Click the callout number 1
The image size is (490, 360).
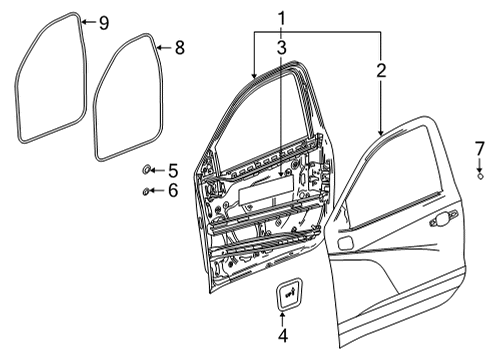[x=281, y=17]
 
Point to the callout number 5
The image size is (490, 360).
[x=173, y=170]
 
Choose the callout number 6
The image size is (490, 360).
[x=173, y=190]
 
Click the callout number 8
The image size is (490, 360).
[x=179, y=47]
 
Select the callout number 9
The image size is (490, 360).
[x=103, y=21]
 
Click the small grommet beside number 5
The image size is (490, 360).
[x=147, y=171]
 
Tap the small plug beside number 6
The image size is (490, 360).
[x=147, y=190]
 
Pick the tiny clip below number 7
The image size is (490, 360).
[x=479, y=177]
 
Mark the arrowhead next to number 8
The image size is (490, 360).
[x=161, y=47]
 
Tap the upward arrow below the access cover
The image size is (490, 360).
[x=283, y=316]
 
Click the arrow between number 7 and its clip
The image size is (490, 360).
[x=479, y=165]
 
